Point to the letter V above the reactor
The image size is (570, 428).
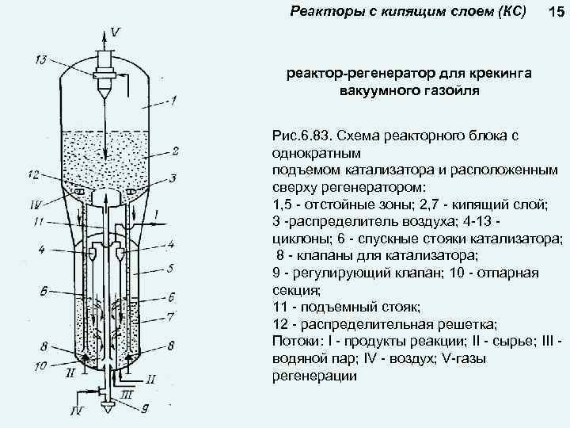click(x=116, y=32)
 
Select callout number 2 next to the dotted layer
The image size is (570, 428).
click(x=175, y=150)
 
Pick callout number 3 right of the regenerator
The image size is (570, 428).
click(x=173, y=178)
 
